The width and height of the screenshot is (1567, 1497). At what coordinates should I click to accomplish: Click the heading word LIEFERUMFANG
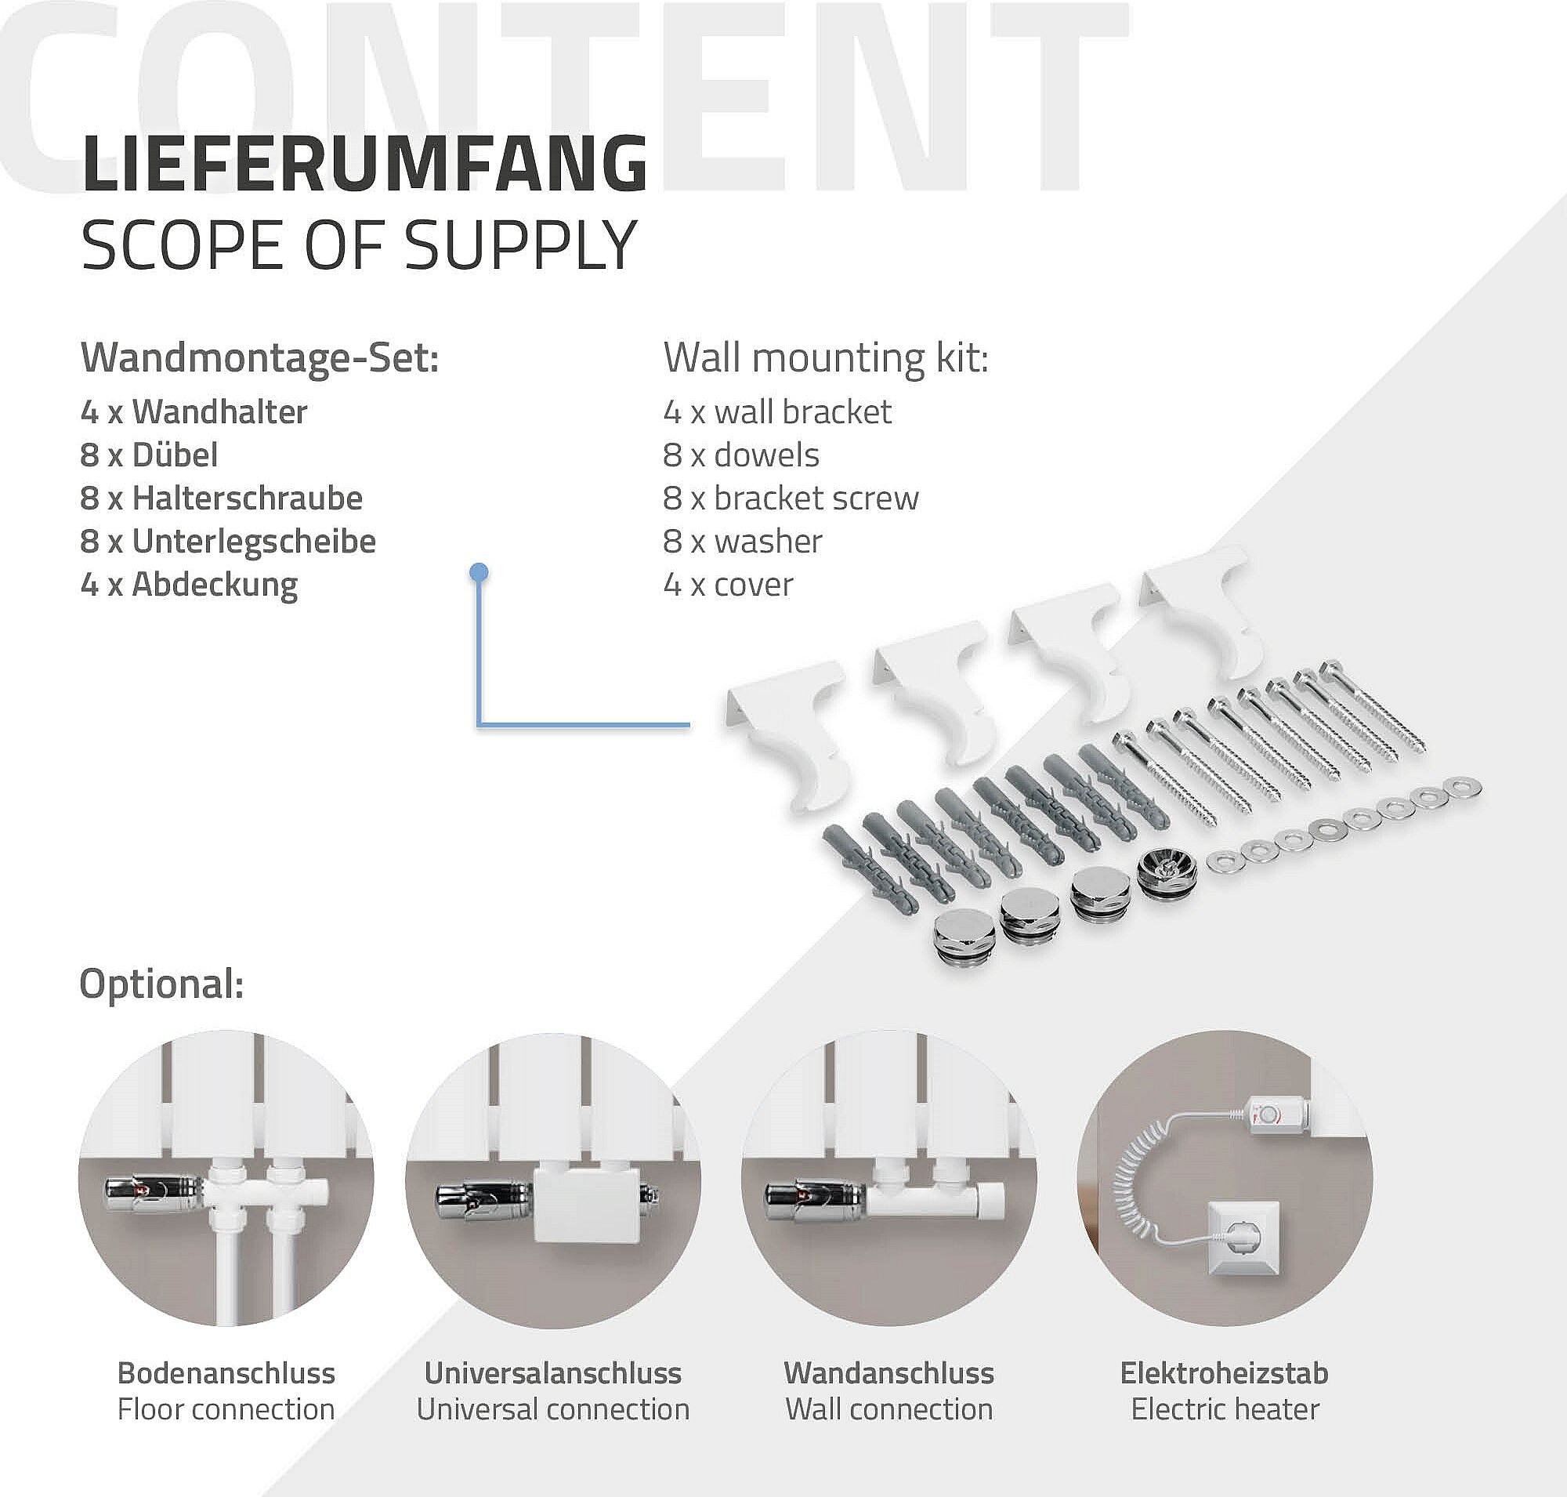tap(364, 164)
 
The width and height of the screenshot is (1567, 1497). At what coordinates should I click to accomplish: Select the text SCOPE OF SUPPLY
tap(359, 245)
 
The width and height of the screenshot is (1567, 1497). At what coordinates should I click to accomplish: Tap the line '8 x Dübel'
tap(149, 455)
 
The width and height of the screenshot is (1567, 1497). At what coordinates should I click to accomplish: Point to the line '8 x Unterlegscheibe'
tap(228, 542)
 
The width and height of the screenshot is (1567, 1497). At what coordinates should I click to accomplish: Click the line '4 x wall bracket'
tap(777, 411)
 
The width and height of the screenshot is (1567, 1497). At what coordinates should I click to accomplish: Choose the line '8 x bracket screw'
tap(791, 498)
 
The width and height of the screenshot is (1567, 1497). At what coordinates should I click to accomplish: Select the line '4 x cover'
tap(728, 585)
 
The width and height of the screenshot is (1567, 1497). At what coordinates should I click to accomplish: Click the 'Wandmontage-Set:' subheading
tap(260, 358)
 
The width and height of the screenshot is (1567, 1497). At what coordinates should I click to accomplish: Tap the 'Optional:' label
tap(162, 983)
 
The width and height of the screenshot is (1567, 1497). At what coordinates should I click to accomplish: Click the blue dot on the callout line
tap(479, 571)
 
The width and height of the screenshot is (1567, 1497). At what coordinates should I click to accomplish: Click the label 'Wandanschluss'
tap(888, 1373)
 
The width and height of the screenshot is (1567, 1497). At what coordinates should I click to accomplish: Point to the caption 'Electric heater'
tap(1225, 1409)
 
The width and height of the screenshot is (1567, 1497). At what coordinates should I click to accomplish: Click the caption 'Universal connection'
tap(553, 1409)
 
